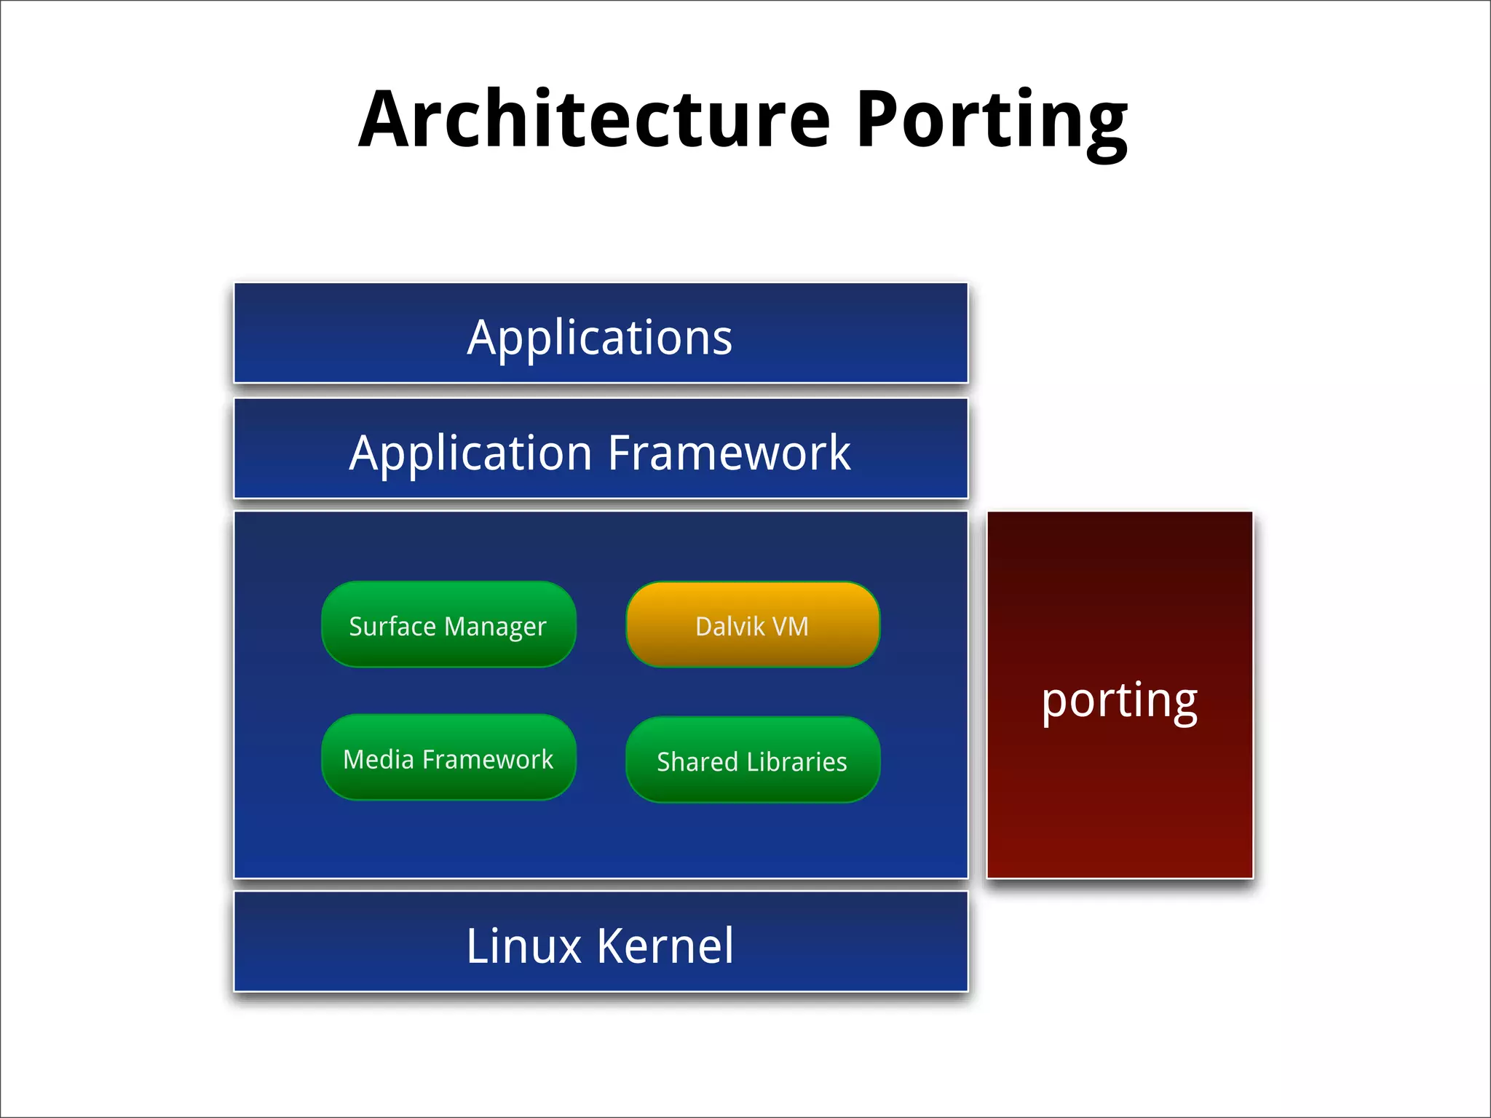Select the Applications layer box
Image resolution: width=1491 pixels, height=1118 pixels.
pos(601,333)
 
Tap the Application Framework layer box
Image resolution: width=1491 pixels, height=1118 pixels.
pos(601,448)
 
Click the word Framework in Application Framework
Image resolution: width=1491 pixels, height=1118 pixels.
pos(729,453)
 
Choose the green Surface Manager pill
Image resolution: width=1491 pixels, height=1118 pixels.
pos(448,625)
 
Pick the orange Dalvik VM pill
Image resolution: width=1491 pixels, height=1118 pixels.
pos(753,625)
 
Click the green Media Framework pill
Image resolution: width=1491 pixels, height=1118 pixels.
pos(448,758)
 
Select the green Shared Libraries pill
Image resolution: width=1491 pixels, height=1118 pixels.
pos(753,760)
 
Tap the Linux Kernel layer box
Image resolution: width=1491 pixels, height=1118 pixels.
pos(601,942)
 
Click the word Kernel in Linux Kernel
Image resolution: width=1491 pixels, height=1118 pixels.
pos(665,946)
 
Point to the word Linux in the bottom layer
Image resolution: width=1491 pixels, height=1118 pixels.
pos(524,946)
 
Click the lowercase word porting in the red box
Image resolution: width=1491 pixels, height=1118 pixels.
pos(1120,700)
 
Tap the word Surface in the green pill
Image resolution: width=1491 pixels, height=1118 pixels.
pos(392,626)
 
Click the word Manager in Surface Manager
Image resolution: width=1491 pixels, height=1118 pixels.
pos(495,627)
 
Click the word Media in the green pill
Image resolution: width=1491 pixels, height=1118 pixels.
pos(379,759)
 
